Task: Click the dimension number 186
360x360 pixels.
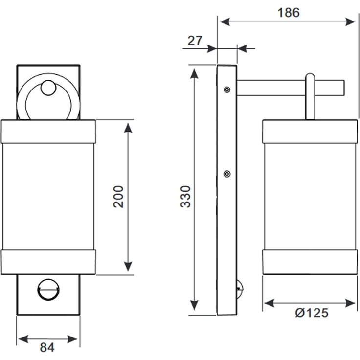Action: click(289, 13)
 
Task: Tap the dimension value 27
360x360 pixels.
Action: click(195, 41)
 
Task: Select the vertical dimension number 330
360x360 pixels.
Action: click(185, 197)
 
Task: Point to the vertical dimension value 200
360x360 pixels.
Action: click(118, 197)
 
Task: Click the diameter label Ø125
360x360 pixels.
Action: click(312, 313)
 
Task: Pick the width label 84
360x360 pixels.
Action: click(47, 347)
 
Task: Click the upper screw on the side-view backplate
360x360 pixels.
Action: click(227, 90)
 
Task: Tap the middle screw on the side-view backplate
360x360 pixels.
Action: click(227, 174)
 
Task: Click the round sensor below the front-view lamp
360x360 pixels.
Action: click(48, 290)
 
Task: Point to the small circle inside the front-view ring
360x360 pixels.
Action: click(48, 88)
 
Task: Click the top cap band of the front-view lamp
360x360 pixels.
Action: click(48, 131)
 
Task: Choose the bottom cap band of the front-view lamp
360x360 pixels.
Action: click(48, 262)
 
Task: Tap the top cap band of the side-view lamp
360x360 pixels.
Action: click(310, 131)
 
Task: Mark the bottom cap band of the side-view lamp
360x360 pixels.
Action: click(310, 262)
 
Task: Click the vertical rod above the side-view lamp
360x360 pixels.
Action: click(310, 96)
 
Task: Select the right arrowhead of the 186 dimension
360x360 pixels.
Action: click(351, 22)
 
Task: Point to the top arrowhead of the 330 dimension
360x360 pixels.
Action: click(194, 74)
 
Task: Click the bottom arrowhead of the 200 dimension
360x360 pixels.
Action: click(128, 266)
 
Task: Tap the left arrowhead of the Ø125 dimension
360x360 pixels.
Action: click(270, 303)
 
